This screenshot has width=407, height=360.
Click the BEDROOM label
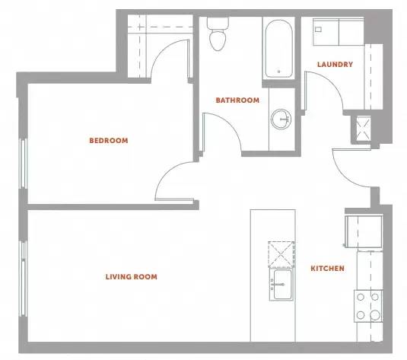click(x=109, y=141)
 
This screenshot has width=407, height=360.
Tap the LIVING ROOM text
click(x=132, y=276)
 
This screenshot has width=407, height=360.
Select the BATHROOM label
click(x=237, y=100)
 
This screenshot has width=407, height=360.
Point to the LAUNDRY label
click(x=335, y=65)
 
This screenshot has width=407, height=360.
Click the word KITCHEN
click(x=328, y=269)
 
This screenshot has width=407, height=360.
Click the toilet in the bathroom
click(x=218, y=33)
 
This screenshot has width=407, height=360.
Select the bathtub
click(x=278, y=49)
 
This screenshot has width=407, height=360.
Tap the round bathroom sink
click(x=281, y=119)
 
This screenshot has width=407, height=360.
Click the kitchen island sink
click(x=281, y=285)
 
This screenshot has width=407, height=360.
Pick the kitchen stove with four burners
click(x=368, y=306)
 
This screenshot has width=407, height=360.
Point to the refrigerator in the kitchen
click(x=364, y=231)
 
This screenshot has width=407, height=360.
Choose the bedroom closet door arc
click(x=162, y=51)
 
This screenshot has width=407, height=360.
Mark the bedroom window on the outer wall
click(x=23, y=164)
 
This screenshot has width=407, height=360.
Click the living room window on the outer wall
click(x=24, y=279)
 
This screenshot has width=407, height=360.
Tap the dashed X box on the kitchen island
click(x=281, y=254)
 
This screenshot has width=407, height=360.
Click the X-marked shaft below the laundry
click(x=363, y=129)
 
